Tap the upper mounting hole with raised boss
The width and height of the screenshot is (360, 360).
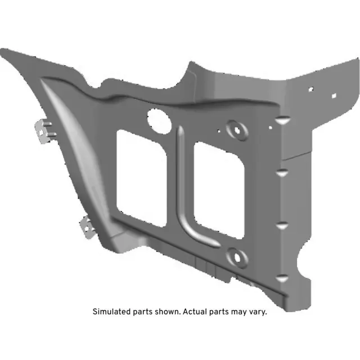(237, 129)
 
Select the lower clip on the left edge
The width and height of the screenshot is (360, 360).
(87, 227)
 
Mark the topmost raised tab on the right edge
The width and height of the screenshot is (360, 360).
(283, 120)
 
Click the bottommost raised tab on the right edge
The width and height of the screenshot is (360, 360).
(282, 277)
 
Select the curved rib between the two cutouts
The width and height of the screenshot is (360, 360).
(183, 186)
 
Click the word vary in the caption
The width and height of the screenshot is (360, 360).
(256, 312)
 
